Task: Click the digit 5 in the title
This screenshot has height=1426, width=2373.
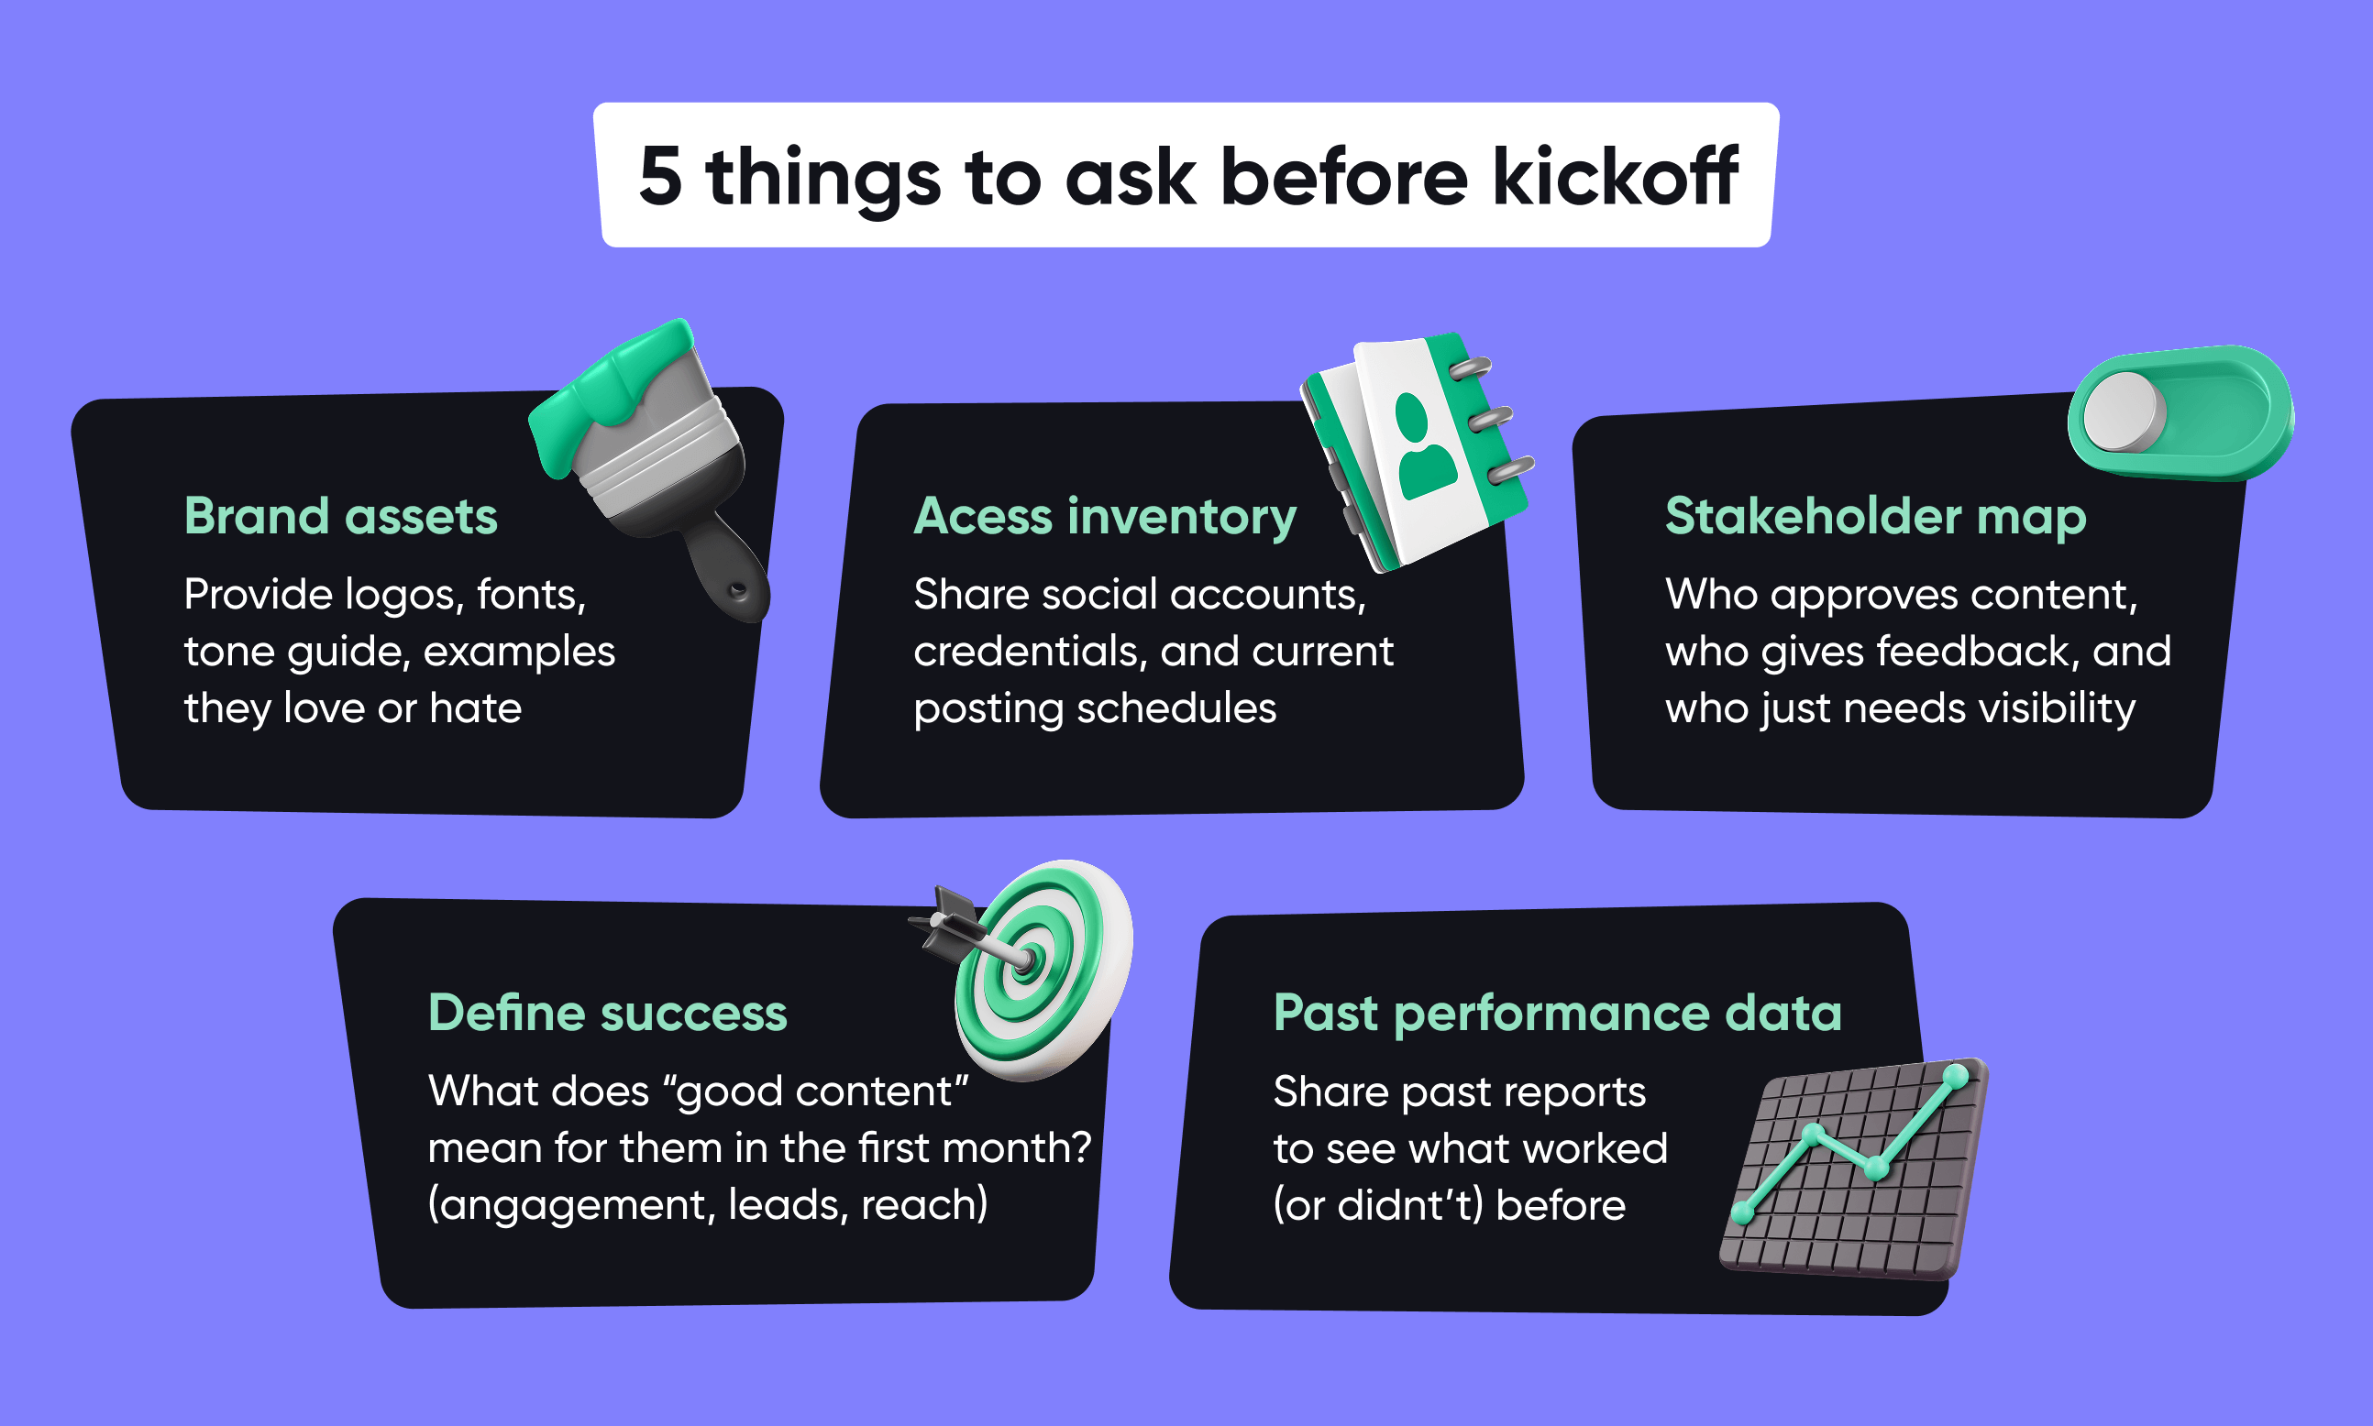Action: pyautogui.click(x=660, y=177)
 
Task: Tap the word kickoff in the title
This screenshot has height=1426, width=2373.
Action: pyautogui.click(x=1614, y=177)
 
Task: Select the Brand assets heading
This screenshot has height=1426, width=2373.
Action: pyautogui.click(x=340, y=516)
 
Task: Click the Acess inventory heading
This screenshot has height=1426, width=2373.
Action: pyautogui.click(x=1104, y=516)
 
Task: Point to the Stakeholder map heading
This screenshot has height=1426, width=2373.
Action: pyautogui.click(x=1875, y=516)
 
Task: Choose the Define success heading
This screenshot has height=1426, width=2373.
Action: pyautogui.click(x=607, y=1013)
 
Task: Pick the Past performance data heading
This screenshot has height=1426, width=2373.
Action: pyautogui.click(x=1557, y=1013)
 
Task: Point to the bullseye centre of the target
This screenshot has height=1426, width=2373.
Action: pyautogui.click(x=1026, y=958)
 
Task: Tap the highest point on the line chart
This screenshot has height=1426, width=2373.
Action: pyautogui.click(x=1955, y=1076)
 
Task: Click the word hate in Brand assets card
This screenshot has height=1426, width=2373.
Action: pyautogui.click(x=475, y=708)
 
